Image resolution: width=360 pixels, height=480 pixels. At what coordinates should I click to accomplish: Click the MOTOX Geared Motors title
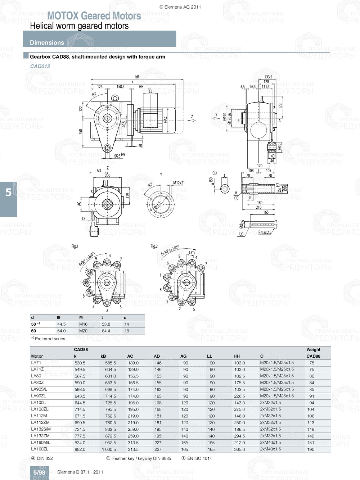94,16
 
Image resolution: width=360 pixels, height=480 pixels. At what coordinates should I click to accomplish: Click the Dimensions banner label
47,42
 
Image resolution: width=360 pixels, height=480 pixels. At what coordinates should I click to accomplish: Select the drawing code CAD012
40,66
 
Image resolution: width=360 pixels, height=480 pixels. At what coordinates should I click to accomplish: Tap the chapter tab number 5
9,193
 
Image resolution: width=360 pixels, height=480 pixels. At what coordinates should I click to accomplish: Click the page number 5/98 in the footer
39,472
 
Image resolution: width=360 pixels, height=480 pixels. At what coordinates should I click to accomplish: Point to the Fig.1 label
75,246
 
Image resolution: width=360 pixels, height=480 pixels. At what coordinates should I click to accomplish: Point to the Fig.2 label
154,246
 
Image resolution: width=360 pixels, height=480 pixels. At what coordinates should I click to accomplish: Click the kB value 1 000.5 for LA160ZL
109,449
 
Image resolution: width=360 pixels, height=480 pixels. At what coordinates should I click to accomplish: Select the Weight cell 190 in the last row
311,449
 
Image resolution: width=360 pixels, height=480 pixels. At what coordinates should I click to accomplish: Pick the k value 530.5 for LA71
80,363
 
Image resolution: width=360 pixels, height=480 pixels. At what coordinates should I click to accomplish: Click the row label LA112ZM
40,422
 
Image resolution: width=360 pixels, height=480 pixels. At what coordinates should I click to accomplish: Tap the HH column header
237,356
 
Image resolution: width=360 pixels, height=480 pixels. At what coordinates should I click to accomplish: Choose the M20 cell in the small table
83,331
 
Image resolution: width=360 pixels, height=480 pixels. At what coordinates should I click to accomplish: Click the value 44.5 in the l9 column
62,324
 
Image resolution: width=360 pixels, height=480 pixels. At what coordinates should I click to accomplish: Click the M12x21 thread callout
179,183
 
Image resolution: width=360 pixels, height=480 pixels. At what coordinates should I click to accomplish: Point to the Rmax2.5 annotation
265,232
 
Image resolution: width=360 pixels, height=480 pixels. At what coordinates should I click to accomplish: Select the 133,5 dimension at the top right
268,77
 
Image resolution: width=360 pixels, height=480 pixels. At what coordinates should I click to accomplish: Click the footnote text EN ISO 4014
199,458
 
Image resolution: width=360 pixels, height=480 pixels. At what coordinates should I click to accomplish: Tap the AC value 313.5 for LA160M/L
133,443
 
